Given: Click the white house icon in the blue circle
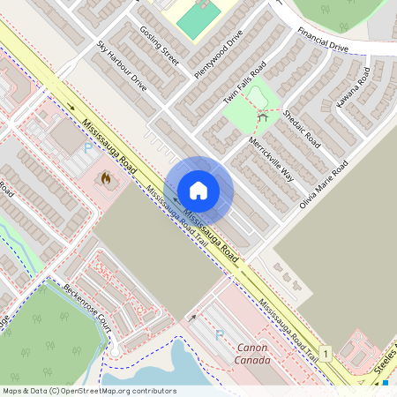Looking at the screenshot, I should (198, 191).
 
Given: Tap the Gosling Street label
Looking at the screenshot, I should (159, 46).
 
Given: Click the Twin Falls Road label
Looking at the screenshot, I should (244, 81).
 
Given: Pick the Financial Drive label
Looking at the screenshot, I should (323, 40).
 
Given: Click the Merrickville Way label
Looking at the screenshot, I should (270, 157).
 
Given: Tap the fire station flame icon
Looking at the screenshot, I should (106, 180).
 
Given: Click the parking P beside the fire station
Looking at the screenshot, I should (87, 149).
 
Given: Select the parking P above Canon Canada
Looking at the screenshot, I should (220, 334).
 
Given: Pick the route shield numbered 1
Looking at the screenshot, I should (326, 354).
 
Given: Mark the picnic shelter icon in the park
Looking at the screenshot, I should (262, 116).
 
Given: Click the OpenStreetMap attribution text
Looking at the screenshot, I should (88, 390).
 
